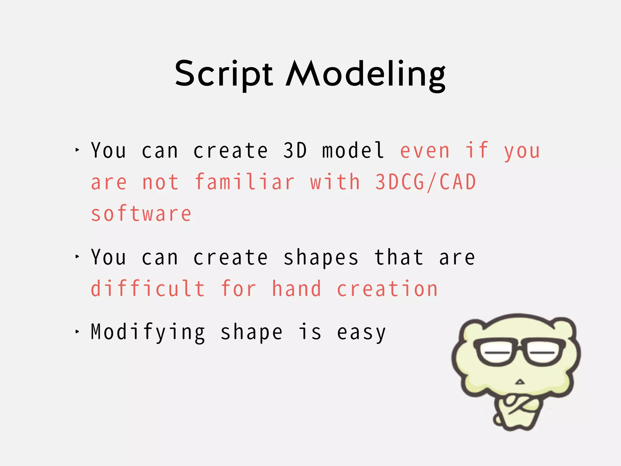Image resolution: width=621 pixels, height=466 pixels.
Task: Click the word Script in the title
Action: tap(224, 74)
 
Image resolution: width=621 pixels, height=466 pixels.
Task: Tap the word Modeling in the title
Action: tap(366, 74)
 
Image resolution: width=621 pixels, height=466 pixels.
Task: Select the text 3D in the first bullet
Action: tap(295, 150)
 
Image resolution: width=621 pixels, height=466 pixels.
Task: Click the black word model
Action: tap(353, 150)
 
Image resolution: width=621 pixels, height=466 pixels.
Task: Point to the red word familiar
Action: tap(244, 182)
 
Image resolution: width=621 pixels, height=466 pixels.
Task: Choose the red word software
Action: tap(141, 214)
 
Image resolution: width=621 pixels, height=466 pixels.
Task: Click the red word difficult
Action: tap(148, 289)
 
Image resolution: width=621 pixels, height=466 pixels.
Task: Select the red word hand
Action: tap(296, 289)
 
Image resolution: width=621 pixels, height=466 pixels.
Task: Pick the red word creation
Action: tap(387, 289)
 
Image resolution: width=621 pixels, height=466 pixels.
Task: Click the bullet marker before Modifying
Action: tap(77, 332)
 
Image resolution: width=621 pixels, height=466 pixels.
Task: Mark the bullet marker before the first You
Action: tap(77, 150)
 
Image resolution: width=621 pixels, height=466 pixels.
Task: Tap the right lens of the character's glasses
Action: tap(544, 353)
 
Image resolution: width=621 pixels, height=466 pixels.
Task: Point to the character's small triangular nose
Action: tap(520, 382)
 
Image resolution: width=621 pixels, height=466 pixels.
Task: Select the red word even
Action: tap(425, 150)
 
